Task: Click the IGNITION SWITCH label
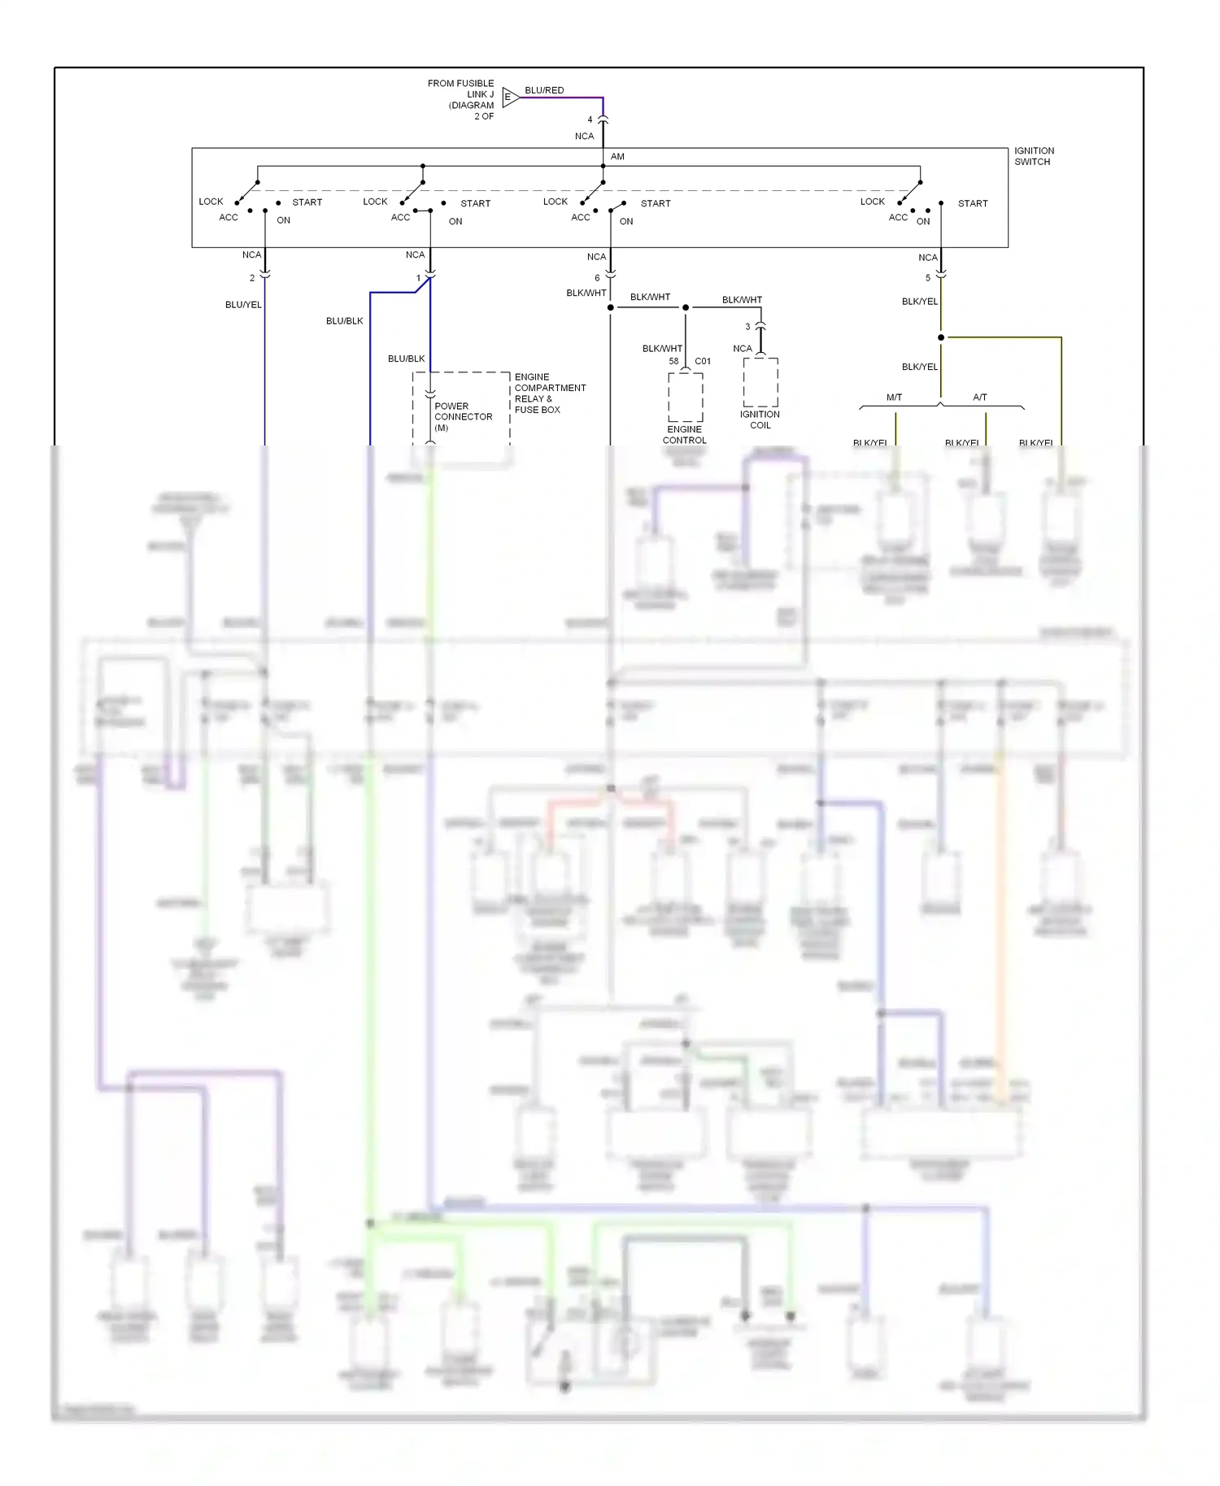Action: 1033,156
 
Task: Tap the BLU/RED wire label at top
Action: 544,90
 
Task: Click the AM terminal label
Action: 617,156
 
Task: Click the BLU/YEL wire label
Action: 243,305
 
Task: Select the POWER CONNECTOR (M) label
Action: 463,416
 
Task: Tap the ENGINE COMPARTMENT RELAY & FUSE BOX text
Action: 550,393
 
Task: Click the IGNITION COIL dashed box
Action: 760,382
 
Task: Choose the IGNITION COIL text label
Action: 760,419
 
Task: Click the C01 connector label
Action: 703,361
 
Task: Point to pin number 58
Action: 673,361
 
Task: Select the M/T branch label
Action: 894,398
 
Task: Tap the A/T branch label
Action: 980,398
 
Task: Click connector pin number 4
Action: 590,119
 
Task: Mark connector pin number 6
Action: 597,278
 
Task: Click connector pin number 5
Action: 927,278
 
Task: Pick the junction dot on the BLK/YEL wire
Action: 941,337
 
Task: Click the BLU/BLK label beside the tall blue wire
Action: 344,321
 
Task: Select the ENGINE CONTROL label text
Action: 684,435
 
